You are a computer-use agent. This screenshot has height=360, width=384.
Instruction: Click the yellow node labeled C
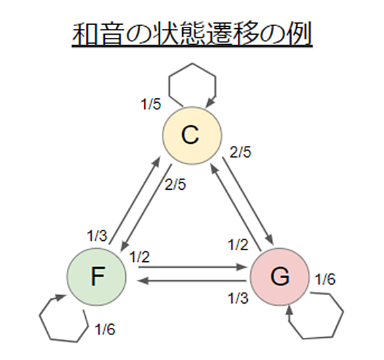192,135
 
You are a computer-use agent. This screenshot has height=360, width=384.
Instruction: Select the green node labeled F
97,277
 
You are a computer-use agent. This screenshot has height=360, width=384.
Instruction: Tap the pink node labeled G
280,276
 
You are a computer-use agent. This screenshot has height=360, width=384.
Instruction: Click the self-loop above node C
193,64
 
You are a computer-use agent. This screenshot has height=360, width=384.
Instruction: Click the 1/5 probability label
151,105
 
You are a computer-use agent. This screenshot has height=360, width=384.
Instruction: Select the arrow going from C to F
146,207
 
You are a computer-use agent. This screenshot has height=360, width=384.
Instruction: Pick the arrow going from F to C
135,200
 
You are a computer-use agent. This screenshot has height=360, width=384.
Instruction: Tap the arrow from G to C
236,207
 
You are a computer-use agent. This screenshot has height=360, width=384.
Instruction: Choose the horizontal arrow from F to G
192,267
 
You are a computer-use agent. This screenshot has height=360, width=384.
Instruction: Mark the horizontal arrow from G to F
192,281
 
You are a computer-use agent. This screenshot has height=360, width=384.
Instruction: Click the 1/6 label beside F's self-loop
105,329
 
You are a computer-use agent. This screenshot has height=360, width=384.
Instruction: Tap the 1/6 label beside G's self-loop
325,279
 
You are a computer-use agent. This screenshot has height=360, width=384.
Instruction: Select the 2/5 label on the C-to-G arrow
240,152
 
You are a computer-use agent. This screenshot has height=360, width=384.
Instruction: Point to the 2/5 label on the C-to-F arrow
175,185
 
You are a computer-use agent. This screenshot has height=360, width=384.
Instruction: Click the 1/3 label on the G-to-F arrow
239,298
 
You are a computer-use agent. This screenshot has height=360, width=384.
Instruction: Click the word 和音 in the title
97,34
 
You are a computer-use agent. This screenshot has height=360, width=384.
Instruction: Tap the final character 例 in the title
299,34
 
